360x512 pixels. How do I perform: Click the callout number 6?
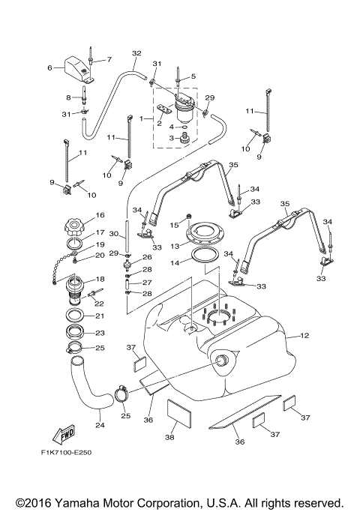(x=50, y=67)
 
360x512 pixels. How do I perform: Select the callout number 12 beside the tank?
(x=304, y=335)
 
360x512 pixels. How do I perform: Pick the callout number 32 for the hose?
(x=136, y=53)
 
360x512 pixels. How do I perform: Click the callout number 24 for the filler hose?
(x=100, y=426)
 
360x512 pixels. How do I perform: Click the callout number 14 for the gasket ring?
(x=175, y=262)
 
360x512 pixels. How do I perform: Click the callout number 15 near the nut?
(x=174, y=224)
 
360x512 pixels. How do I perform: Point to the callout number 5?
(x=193, y=76)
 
